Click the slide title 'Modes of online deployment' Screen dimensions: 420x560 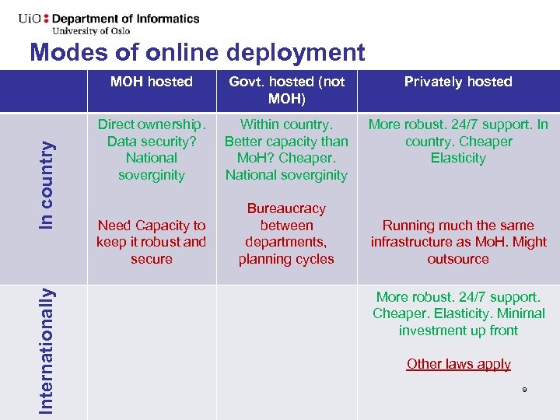point(197,52)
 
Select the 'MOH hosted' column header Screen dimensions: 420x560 point(152,82)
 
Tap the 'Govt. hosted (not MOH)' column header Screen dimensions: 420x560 point(286,90)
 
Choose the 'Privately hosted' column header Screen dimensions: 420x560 point(458,82)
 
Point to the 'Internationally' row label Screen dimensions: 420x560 point(47,350)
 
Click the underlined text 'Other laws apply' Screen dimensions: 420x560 point(458,364)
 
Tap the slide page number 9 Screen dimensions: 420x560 point(524,389)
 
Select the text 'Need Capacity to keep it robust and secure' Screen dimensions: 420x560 point(152,242)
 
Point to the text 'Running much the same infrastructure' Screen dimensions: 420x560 point(458,233)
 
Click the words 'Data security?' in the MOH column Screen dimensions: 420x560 point(152,142)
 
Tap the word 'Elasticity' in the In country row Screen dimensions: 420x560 point(458,158)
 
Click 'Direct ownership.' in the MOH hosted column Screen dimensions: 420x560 point(152,124)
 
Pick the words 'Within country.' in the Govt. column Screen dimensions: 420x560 point(286,124)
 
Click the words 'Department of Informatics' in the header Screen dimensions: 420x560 point(126,19)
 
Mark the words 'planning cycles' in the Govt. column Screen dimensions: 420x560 point(286,259)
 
